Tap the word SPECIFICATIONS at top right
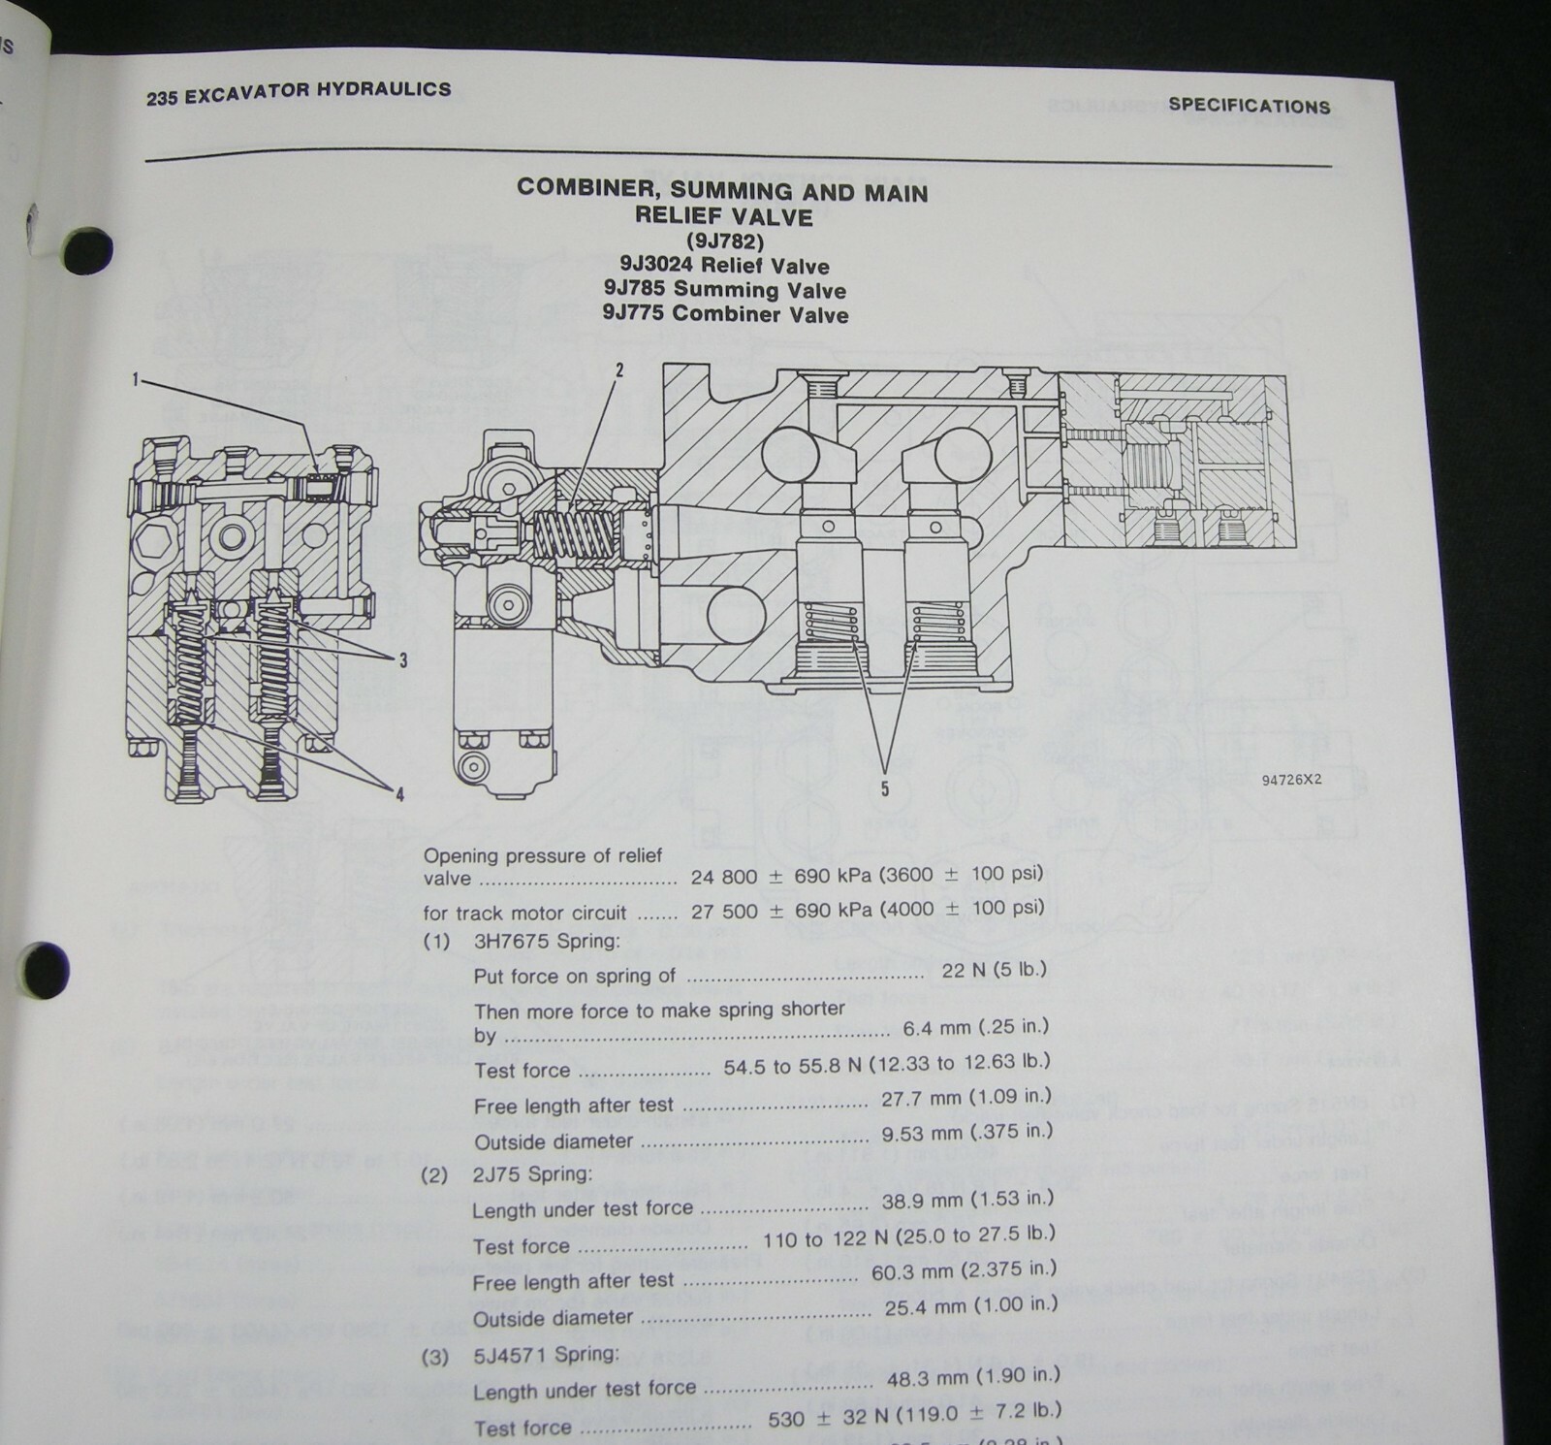pos(1249,106)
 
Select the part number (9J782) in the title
pos(723,241)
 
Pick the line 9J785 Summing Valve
pos(723,290)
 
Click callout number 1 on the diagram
pos(137,381)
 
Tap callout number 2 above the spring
pos(618,369)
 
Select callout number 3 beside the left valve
pos(402,660)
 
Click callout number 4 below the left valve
pos(398,795)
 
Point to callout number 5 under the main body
pos(884,789)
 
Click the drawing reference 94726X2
pos(1291,779)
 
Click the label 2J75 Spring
pos(532,1174)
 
